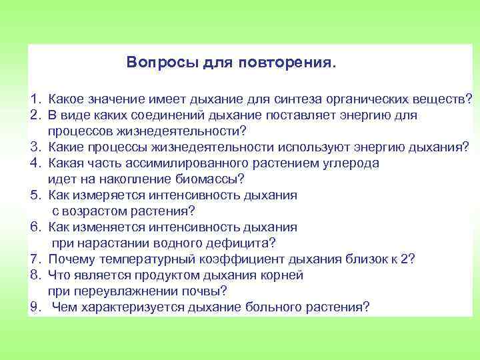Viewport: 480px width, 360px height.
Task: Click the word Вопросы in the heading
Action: (x=155, y=63)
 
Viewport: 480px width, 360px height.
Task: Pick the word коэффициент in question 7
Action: (x=245, y=259)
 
